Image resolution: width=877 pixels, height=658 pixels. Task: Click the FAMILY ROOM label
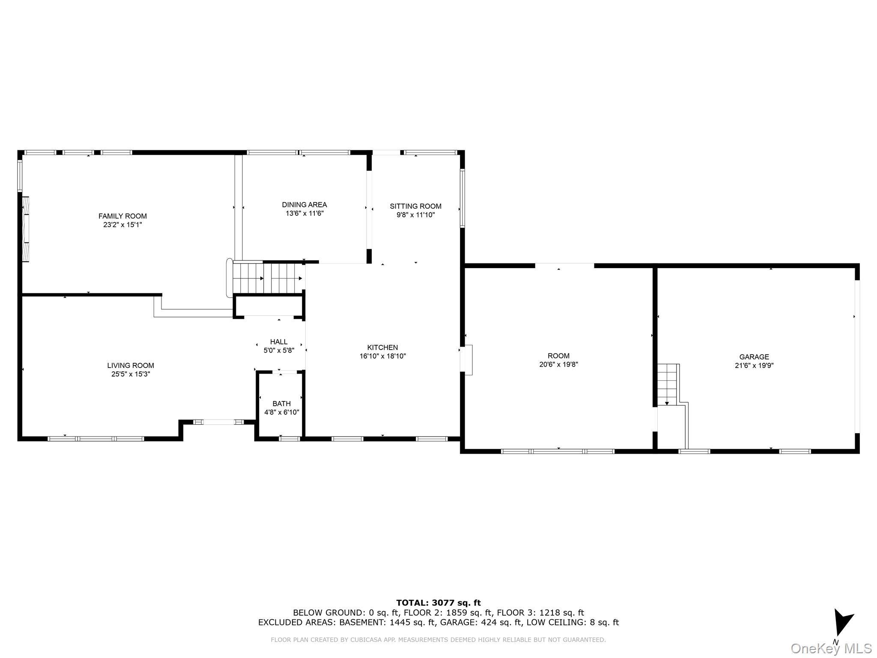tap(122, 216)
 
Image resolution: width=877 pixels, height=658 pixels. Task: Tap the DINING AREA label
tap(304, 205)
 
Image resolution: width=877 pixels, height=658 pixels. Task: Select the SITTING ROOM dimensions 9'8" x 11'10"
tap(415, 215)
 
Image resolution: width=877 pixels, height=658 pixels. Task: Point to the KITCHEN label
tap(382, 347)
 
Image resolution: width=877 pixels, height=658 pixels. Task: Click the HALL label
tap(279, 342)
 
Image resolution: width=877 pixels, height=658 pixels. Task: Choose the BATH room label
tap(281, 404)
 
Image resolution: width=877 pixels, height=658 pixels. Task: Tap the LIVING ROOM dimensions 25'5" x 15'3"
tap(130, 374)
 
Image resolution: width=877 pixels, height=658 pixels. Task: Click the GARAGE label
tap(754, 357)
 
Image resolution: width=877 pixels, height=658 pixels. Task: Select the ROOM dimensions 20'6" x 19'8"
tap(558, 365)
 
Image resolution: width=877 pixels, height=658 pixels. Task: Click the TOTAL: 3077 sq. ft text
tap(438, 603)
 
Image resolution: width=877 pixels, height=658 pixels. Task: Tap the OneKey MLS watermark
tap(831, 648)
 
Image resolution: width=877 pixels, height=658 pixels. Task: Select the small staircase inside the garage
tap(667, 384)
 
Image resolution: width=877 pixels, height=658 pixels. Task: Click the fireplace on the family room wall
tap(25, 229)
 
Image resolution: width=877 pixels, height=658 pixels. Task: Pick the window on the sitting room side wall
tap(462, 198)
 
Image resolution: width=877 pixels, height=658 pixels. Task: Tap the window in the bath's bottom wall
tap(289, 438)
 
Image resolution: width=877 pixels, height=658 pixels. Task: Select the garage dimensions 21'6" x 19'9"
tap(754, 365)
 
